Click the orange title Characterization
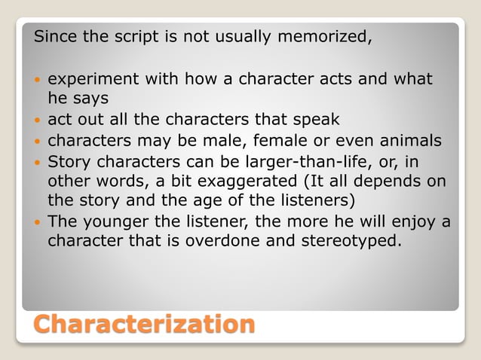click(x=144, y=325)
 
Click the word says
click(x=89, y=98)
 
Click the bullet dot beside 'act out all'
click(x=38, y=120)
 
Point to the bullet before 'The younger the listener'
click(x=38, y=222)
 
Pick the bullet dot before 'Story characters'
click(x=38, y=162)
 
